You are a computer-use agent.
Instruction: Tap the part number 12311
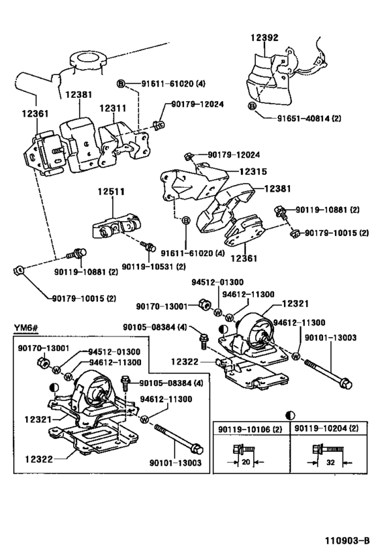coord(113,107)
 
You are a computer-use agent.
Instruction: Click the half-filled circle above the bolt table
coord(291,415)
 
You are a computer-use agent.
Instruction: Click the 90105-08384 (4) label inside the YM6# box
coord(171,383)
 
